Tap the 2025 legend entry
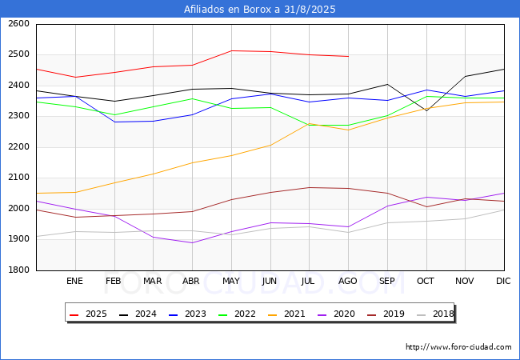tap(88, 314)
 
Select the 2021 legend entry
tap(286, 314)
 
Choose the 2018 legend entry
tap(435, 314)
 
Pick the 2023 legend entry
tap(187, 314)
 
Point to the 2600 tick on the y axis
tap(19, 24)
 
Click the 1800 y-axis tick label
tap(19, 270)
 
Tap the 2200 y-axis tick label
tap(19, 147)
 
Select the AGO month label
tap(347, 281)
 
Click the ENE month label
tap(74, 281)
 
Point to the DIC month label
tap(503, 281)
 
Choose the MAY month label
tap(231, 281)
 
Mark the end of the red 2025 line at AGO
tap(348, 56)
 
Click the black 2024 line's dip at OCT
tap(426, 110)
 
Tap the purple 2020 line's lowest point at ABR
tap(192, 242)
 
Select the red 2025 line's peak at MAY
tap(231, 50)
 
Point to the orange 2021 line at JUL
tap(310, 124)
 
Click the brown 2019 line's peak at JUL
tap(310, 188)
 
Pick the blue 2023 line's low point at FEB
tap(114, 122)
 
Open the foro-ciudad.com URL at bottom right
tap(458, 347)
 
